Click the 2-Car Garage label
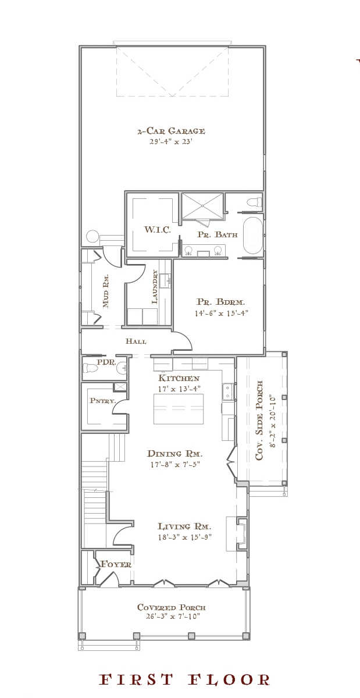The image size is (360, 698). click(x=171, y=131)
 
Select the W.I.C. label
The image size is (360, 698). click(x=158, y=230)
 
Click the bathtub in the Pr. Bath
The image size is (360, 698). click(x=253, y=235)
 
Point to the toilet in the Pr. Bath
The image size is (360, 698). click(x=254, y=202)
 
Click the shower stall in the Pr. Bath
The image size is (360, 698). click(x=202, y=206)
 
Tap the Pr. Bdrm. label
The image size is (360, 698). click(x=220, y=302)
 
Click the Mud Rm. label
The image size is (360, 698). click(x=106, y=291)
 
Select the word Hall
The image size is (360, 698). click(x=136, y=341)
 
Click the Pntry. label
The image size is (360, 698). click(x=102, y=401)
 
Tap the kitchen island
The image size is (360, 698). click(x=179, y=409)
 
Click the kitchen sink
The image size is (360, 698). click(x=227, y=391)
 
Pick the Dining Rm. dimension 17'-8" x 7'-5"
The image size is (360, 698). click(x=175, y=465)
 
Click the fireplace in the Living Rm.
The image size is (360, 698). click(x=242, y=534)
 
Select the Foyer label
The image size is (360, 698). click(x=116, y=564)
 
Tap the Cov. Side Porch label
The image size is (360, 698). click(x=259, y=420)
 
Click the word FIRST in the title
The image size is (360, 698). click(x=136, y=680)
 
